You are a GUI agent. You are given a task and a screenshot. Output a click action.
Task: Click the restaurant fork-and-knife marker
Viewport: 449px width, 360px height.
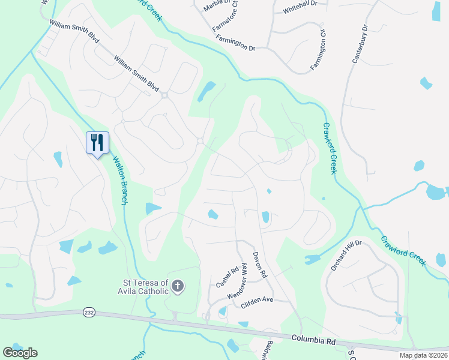(x=97, y=143)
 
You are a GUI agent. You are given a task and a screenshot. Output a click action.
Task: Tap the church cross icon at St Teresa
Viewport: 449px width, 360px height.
(x=177, y=286)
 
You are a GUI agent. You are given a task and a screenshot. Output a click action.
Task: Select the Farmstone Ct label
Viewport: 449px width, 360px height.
(x=225, y=17)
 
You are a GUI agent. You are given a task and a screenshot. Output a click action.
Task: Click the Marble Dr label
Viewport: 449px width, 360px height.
(x=209, y=6)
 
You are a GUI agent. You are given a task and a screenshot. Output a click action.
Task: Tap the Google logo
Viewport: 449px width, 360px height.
(x=20, y=353)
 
